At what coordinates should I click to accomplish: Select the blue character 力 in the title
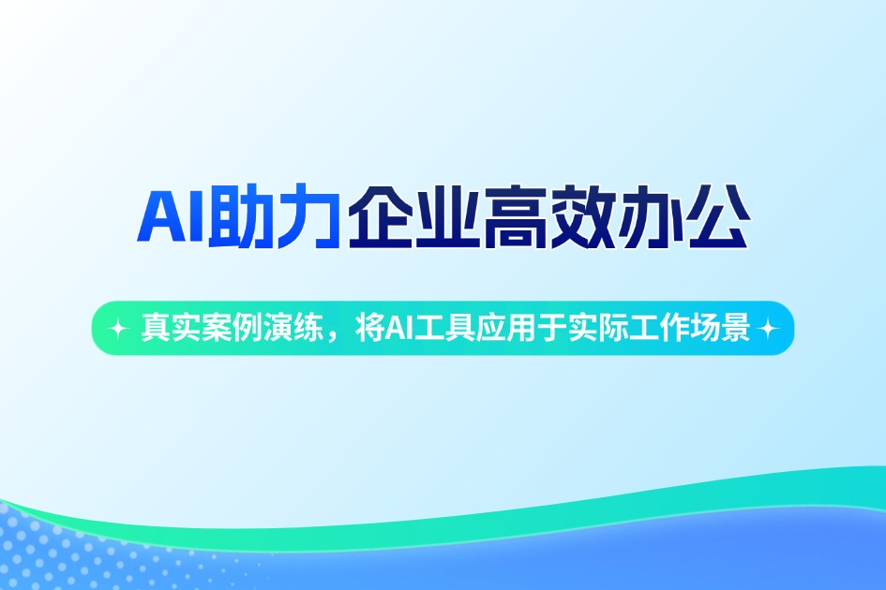coord(308,218)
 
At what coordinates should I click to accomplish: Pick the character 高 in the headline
coord(514,218)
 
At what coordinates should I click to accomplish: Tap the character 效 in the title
coord(581,218)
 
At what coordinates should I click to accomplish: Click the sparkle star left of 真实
coord(118,329)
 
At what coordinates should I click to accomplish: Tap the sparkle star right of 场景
coord(769,329)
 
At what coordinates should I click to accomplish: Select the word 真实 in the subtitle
coord(162,329)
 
